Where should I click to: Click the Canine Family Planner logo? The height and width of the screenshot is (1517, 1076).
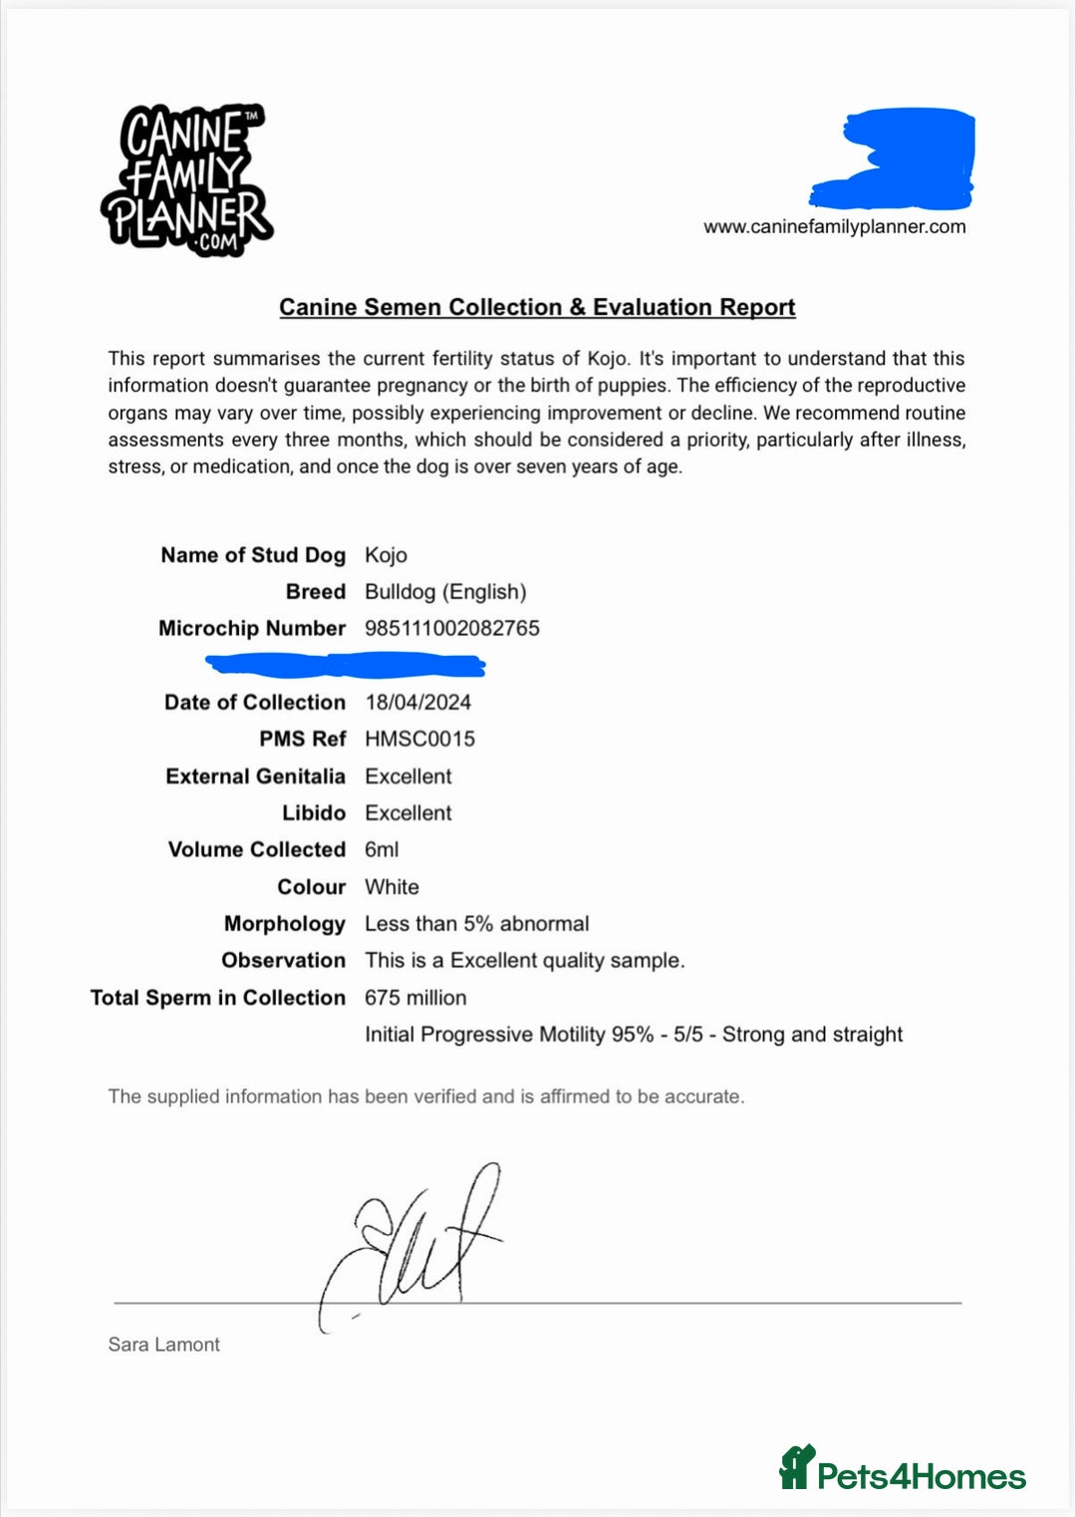[x=186, y=180]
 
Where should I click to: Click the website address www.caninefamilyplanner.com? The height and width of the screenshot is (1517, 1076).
[x=834, y=227]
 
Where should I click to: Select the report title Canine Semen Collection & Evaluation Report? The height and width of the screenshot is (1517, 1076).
[x=537, y=307]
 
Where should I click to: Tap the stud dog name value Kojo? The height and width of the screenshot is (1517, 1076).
[x=386, y=555]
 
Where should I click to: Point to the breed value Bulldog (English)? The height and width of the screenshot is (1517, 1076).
[x=445, y=592]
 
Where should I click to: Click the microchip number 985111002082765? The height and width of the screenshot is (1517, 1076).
[x=452, y=629]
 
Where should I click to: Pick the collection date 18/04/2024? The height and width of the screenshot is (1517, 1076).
[x=417, y=703]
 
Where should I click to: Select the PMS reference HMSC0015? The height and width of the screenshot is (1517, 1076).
[x=419, y=740]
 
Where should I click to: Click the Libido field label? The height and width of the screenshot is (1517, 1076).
[x=313, y=813]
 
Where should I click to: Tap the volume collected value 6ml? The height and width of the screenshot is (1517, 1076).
[x=382, y=850]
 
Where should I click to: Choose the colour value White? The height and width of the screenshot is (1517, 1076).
[x=392, y=887]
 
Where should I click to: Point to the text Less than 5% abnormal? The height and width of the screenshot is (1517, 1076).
[x=476, y=924]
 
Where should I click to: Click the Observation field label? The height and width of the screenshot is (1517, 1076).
[x=283, y=961]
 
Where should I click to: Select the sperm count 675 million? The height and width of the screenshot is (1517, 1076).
[x=415, y=998]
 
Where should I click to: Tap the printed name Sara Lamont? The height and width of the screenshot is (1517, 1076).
[x=163, y=1345]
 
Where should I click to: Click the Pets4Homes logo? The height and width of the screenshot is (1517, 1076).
[x=902, y=1470]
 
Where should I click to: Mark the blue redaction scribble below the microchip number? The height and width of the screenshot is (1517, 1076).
[x=345, y=664]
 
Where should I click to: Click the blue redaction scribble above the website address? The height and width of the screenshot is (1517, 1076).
[x=897, y=157]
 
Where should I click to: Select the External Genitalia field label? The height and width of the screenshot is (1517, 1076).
[x=255, y=776]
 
